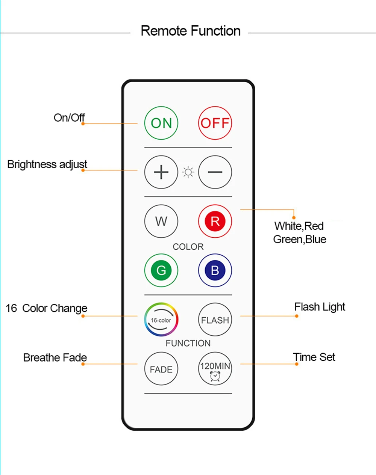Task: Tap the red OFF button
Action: tap(215, 123)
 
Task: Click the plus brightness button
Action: tap(161, 172)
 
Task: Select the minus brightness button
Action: tap(215, 172)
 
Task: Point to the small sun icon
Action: tap(188, 172)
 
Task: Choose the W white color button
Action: tap(161, 221)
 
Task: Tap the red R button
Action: tap(215, 221)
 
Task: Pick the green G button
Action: tap(161, 270)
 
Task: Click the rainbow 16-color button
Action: tap(161, 320)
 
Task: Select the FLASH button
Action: tap(215, 320)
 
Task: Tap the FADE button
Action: tap(161, 369)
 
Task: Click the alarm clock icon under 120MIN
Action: tap(215, 376)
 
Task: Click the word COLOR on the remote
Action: tap(188, 247)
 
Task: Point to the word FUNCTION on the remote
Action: tap(188, 343)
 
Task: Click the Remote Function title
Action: tap(191, 31)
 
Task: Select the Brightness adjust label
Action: tap(47, 164)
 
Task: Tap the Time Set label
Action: tap(314, 357)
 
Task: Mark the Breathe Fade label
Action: tap(55, 357)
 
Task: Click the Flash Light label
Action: tap(320, 307)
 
